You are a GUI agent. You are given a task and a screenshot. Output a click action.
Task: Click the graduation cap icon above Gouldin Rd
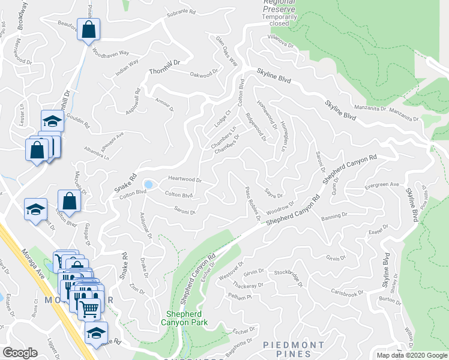click(52, 122)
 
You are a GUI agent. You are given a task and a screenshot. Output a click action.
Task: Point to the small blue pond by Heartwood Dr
click(148, 184)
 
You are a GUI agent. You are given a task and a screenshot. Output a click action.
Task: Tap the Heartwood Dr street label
click(184, 179)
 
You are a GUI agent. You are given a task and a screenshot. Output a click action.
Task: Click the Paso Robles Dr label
click(252, 203)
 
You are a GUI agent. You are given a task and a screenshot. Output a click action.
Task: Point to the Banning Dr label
click(334, 215)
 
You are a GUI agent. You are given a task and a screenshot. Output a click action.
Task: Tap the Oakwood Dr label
click(200, 75)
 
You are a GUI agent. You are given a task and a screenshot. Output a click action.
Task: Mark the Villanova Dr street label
click(280, 44)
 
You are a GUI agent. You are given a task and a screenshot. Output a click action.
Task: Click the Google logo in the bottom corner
click(20, 353)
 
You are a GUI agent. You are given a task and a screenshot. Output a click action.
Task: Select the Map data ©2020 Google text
click(411, 355)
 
